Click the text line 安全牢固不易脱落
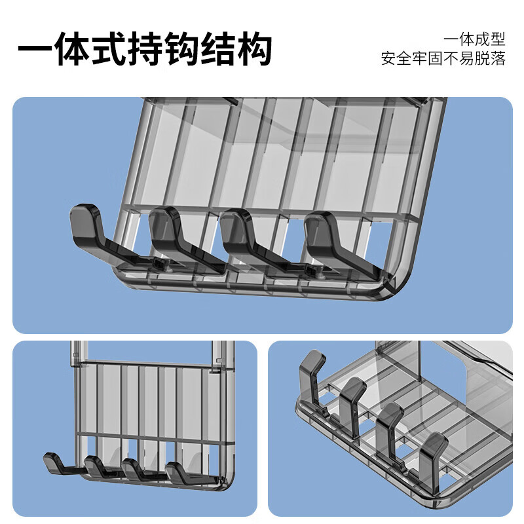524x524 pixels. (x=443, y=58)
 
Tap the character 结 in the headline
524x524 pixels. (x=219, y=48)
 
